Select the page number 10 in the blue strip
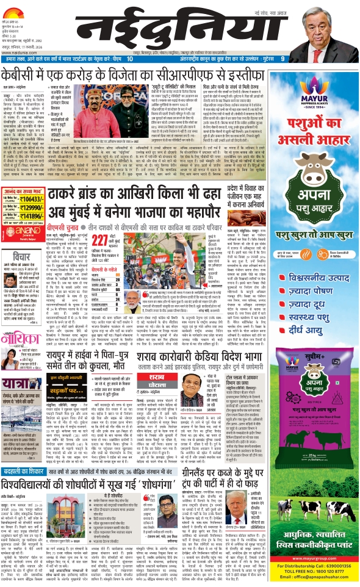coord(129,59)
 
